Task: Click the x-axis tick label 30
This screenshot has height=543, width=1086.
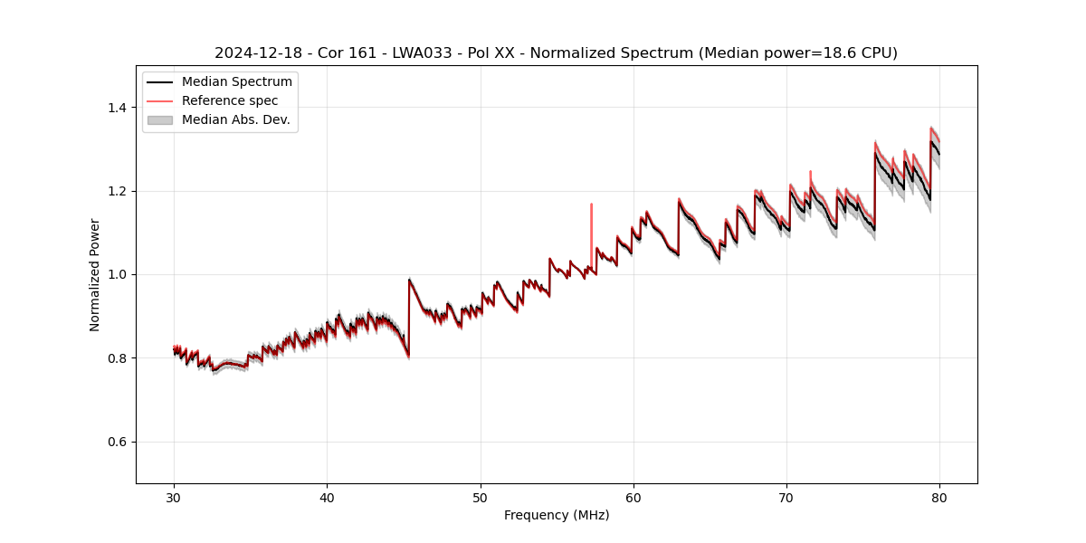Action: [x=174, y=497]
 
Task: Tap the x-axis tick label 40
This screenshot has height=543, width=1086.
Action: [x=328, y=497]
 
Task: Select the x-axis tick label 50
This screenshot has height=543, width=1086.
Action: [x=481, y=497]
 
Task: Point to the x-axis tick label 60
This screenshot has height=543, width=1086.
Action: [x=633, y=497]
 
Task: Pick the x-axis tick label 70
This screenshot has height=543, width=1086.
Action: [x=786, y=497]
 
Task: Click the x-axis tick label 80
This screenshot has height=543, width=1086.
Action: [x=939, y=497]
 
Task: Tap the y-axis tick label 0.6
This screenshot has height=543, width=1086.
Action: [x=116, y=442]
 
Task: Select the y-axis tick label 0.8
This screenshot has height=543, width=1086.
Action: [x=116, y=358]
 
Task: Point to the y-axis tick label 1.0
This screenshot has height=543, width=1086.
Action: [x=116, y=274]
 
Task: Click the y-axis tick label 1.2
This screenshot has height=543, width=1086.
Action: [x=116, y=191]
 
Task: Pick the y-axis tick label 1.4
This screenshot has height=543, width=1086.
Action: [x=116, y=108]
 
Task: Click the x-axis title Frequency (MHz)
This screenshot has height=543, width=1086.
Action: [x=557, y=515]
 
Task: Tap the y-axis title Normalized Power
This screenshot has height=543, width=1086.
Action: [x=95, y=274]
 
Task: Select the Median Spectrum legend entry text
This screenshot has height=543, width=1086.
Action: [x=236, y=82]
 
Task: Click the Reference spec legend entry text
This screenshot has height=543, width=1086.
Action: [x=230, y=100]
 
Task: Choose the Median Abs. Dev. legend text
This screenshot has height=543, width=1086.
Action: [x=235, y=119]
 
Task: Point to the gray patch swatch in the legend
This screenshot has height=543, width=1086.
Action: [x=159, y=119]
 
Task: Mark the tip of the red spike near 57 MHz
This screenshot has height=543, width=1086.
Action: [x=591, y=205]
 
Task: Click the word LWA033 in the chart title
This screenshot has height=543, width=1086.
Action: [x=423, y=53]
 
